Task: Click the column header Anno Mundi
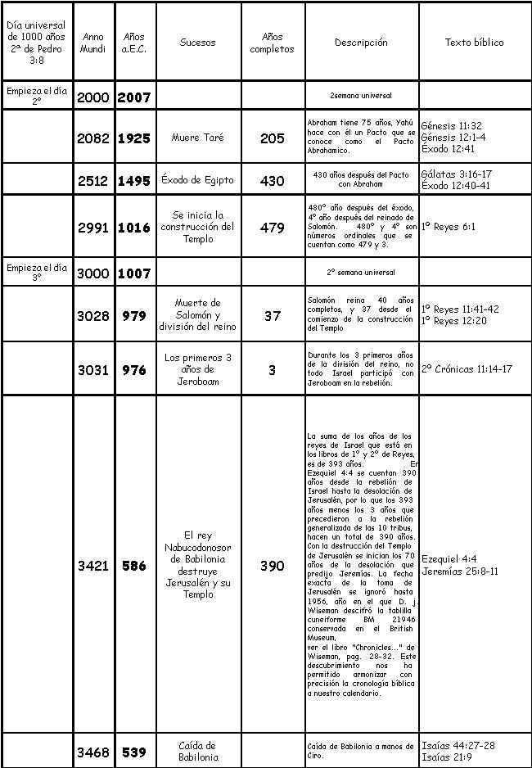(x=93, y=43)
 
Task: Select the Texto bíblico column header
(x=474, y=43)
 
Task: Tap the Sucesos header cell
(x=197, y=43)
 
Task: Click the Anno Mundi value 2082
(x=93, y=138)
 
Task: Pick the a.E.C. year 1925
(x=134, y=138)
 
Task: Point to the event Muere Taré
(x=197, y=138)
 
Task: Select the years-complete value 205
(x=273, y=138)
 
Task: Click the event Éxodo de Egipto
(x=197, y=181)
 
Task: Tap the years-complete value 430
(x=273, y=181)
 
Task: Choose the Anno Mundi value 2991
(x=93, y=228)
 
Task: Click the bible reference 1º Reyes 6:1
(x=449, y=228)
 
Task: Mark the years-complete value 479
(x=273, y=228)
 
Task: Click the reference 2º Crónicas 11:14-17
(x=467, y=369)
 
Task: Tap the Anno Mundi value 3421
(x=93, y=566)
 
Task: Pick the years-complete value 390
(x=273, y=566)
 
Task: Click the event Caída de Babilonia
(x=197, y=751)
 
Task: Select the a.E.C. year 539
(x=134, y=752)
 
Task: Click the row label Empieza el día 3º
(x=37, y=273)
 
